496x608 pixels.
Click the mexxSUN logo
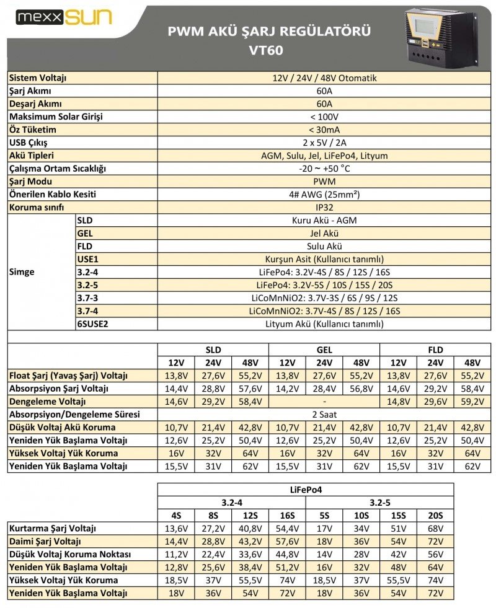[x=64, y=17]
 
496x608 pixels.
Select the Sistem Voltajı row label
[x=38, y=78]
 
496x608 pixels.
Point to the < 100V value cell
[x=324, y=117]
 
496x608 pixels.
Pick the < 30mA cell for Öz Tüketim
[x=324, y=130]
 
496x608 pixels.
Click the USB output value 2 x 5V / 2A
[x=324, y=143]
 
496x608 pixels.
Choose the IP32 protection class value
[x=324, y=208]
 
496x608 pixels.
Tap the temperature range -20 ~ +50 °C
[x=324, y=169]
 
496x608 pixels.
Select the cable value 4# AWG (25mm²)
[x=324, y=195]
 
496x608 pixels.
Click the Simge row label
[x=22, y=272]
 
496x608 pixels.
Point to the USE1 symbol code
[x=88, y=259]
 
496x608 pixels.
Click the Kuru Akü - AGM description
[x=324, y=220]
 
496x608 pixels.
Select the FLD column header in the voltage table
[x=435, y=350]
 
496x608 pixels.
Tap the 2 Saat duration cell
[x=324, y=414]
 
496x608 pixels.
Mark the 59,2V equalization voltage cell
[x=472, y=401]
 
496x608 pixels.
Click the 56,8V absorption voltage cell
[x=361, y=388]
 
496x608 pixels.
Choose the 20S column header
[x=435, y=515]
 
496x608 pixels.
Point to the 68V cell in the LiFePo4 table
[x=435, y=528]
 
